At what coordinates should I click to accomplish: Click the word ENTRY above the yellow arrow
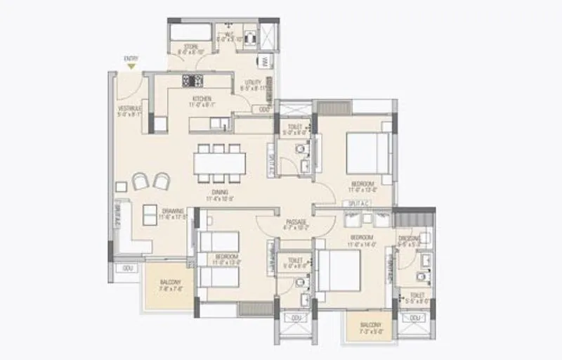[131, 58]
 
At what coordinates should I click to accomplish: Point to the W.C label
[229, 34]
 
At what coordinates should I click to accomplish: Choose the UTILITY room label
[251, 84]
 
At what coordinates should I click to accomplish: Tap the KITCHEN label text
[202, 99]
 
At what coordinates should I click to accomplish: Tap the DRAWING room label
[171, 211]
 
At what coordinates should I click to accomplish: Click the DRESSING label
[409, 239]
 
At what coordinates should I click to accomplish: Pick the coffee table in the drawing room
[149, 214]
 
